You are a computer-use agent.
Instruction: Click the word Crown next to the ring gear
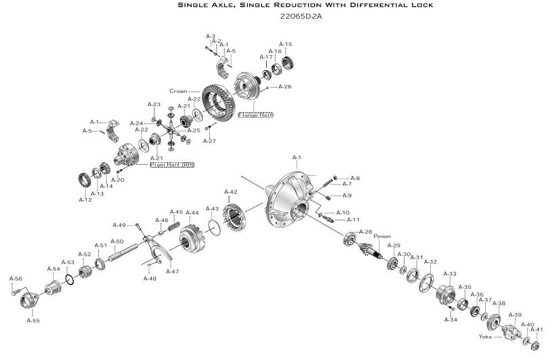click(x=178, y=91)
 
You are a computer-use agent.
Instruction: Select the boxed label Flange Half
click(x=256, y=115)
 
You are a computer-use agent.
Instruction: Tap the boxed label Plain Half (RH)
click(x=172, y=165)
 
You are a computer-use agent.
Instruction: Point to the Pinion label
click(x=382, y=236)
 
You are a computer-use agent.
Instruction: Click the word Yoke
click(x=485, y=336)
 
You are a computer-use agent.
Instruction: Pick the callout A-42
click(x=231, y=192)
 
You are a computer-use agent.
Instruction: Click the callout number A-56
click(x=15, y=279)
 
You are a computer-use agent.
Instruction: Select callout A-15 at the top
click(x=285, y=44)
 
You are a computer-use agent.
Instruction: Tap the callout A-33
click(x=450, y=274)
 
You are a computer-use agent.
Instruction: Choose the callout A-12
click(x=85, y=199)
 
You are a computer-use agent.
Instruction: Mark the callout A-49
click(x=119, y=225)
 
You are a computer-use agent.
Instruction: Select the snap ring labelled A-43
click(x=218, y=227)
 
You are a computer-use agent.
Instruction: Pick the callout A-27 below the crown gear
click(x=209, y=141)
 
